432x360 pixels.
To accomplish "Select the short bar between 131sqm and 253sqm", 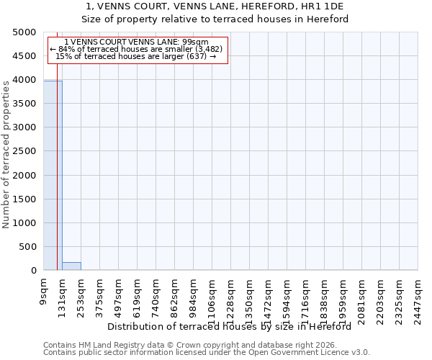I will (71, 266).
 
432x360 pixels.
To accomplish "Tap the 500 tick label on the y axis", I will (27, 247).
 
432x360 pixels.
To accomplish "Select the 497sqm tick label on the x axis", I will (119, 295).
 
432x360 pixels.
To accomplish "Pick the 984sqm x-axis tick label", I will (194, 295).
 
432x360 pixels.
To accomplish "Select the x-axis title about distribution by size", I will (234, 326).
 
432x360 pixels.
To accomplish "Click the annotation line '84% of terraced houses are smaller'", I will (136, 49).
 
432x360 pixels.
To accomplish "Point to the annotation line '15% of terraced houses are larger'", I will (136, 56).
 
